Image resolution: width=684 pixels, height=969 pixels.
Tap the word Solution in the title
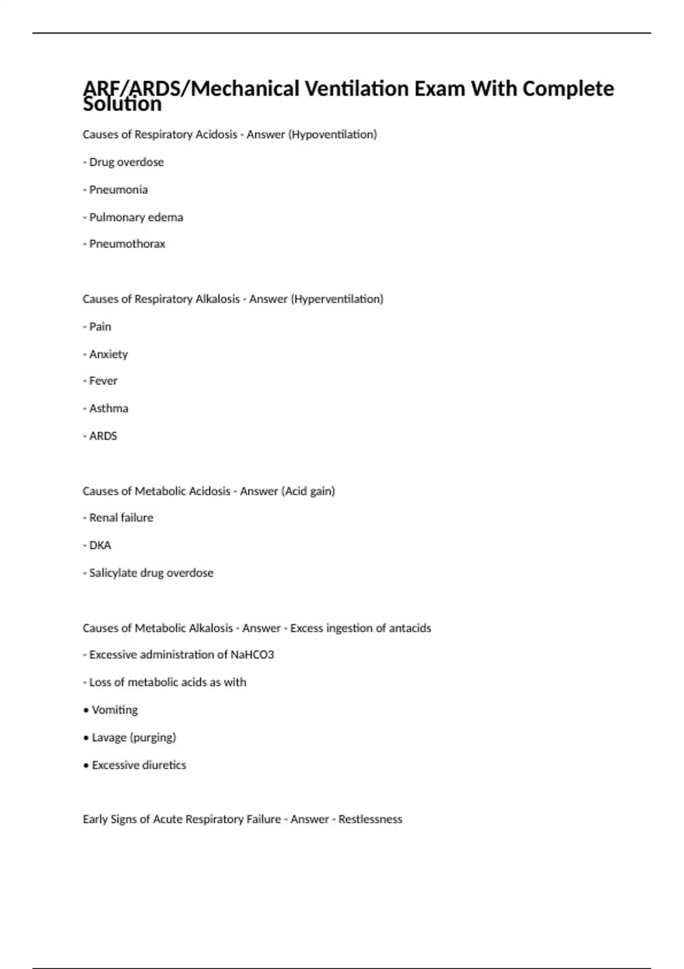coord(122,105)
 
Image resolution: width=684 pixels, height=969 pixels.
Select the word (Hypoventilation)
coord(333,135)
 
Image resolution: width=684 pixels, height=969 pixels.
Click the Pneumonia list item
coord(118,190)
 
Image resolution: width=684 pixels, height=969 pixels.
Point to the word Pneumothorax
coord(127,244)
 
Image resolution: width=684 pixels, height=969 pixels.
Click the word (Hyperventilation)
coord(337,299)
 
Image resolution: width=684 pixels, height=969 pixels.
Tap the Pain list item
coord(100,327)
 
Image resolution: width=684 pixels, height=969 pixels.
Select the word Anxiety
coord(108,355)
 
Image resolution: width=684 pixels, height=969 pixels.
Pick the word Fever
coord(103,381)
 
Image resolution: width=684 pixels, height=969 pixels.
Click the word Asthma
coord(108,409)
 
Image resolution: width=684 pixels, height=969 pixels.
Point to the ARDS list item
coord(103,436)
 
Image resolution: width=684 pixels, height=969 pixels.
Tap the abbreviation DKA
coord(100,545)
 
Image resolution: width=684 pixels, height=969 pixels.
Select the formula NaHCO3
coord(252,655)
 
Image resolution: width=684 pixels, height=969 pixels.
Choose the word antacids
coord(410,628)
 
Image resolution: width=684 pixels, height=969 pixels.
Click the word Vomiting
coord(115,710)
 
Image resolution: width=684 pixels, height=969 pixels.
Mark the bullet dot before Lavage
coord(86,738)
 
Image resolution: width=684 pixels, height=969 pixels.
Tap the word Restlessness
coord(370,819)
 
